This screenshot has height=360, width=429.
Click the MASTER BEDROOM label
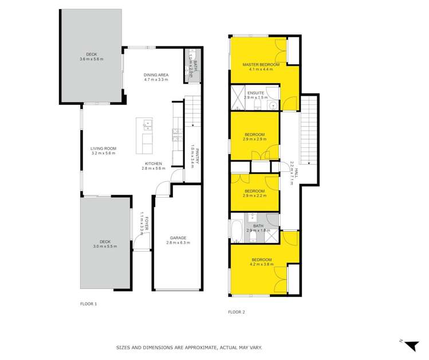[261, 65]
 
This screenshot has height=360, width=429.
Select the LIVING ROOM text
[103, 148]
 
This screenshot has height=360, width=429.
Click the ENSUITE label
[255, 92]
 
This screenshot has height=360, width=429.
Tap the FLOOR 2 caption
[236, 312]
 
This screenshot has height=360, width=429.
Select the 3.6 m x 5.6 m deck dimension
[91, 59]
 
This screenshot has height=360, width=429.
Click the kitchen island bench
[144, 136]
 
